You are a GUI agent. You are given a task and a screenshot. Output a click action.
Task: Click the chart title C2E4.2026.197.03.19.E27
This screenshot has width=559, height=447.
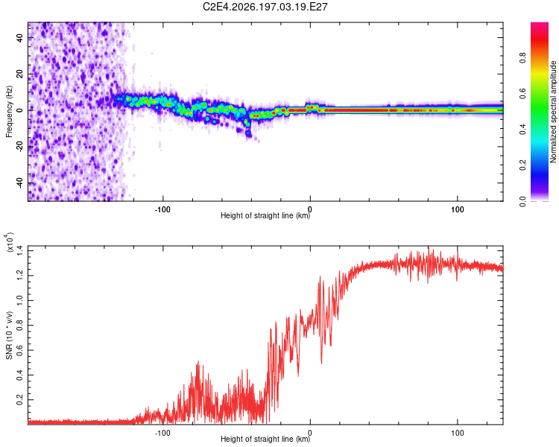click(265, 7)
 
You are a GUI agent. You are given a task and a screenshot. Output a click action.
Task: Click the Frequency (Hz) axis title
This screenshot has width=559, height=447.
click(9, 111)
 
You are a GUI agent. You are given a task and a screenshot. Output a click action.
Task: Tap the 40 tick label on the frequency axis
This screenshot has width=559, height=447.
click(20, 37)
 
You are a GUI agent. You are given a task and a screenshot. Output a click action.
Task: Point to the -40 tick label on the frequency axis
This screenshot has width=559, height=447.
click(20, 183)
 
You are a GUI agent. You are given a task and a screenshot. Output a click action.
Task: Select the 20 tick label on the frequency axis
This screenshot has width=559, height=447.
click(20, 74)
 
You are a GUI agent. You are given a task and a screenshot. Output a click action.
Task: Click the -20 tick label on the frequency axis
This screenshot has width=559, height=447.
click(20, 147)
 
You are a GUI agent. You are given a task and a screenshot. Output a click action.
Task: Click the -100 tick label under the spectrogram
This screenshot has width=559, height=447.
click(162, 209)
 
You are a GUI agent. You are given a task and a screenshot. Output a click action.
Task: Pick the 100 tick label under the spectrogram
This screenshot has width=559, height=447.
click(458, 209)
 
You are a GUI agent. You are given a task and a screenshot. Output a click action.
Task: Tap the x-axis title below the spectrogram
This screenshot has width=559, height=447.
click(265, 215)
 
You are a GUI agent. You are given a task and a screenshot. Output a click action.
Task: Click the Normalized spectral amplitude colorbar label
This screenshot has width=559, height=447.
click(553, 112)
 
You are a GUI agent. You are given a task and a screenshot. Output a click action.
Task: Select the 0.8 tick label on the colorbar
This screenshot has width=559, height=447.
click(522, 57)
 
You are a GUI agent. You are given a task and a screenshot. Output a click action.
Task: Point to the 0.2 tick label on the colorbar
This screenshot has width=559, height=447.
click(522, 165)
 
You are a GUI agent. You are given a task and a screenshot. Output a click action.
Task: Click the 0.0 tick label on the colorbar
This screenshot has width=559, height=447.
click(522, 201)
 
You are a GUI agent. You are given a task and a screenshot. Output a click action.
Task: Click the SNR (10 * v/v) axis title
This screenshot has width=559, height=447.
click(9, 335)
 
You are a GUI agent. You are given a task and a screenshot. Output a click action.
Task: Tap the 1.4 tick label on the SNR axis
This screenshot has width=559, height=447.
click(20, 251)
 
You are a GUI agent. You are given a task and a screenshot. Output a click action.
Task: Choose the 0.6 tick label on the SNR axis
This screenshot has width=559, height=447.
click(20, 350)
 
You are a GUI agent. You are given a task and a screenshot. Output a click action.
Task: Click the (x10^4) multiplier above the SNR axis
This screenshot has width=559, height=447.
click(10, 243)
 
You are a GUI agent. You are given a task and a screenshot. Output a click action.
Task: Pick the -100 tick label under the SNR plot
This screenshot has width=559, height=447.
click(162, 433)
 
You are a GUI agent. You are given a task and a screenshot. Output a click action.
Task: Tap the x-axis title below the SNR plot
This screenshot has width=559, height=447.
click(265, 439)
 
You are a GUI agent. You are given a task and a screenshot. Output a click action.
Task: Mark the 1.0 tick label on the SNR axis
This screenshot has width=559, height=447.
click(20, 300)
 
